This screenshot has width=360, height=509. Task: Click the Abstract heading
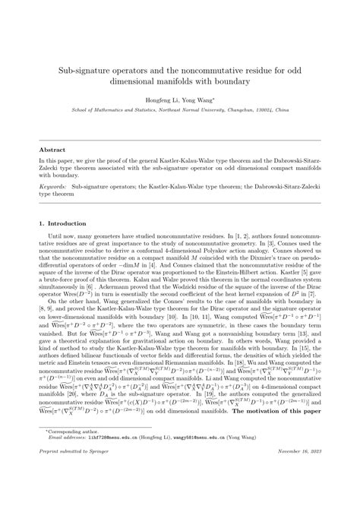(52, 150)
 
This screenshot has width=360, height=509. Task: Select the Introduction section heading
(67, 223)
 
